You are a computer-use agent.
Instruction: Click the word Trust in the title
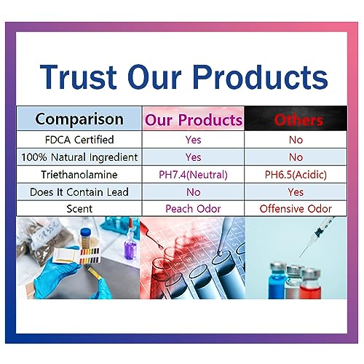[78, 76]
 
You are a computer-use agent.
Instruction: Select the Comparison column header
[79, 119]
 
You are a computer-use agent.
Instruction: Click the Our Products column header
[194, 119]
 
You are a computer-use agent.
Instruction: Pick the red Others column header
[298, 120]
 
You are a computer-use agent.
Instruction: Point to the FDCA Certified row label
[79, 140]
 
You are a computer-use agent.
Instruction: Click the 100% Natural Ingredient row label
[79, 157]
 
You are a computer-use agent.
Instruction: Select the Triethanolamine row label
[79, 175]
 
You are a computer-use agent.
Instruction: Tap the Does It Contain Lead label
[79, 192]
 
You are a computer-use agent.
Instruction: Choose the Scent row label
[79, 209]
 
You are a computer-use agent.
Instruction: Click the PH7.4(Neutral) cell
[193, 175]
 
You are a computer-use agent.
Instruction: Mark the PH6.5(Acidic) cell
[296, 175]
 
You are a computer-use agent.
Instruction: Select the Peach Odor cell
[193, 209]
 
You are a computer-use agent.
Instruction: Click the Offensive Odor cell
[296, 209]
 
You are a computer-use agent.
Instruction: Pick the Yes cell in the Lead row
[296, 192]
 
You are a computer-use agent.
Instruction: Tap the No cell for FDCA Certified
[296, 140]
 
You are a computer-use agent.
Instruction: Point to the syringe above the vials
[317, 236]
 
